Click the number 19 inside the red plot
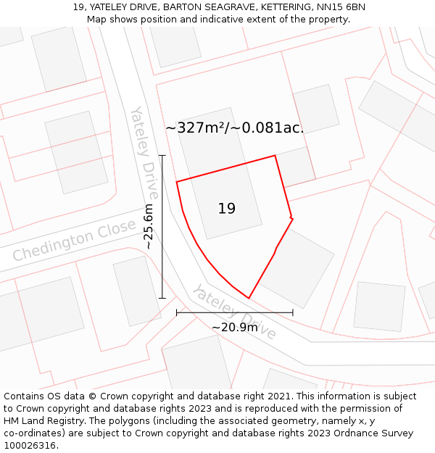(x=226, y=209)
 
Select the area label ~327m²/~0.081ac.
(x=234, y=128)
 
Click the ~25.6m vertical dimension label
(x=149, y=226)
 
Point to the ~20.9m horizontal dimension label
(x=234, y=327)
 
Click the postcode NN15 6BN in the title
(x=341, y=7)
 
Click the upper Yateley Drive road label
(x=144, y=152)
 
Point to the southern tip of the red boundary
(x=249, y=298)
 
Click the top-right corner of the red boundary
(x=275, y=155)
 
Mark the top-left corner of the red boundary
(x=177, y=181)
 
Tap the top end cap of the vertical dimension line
(x=162, y=155)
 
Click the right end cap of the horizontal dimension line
(x=293, y=312)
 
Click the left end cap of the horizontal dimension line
(x=177, y=312)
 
